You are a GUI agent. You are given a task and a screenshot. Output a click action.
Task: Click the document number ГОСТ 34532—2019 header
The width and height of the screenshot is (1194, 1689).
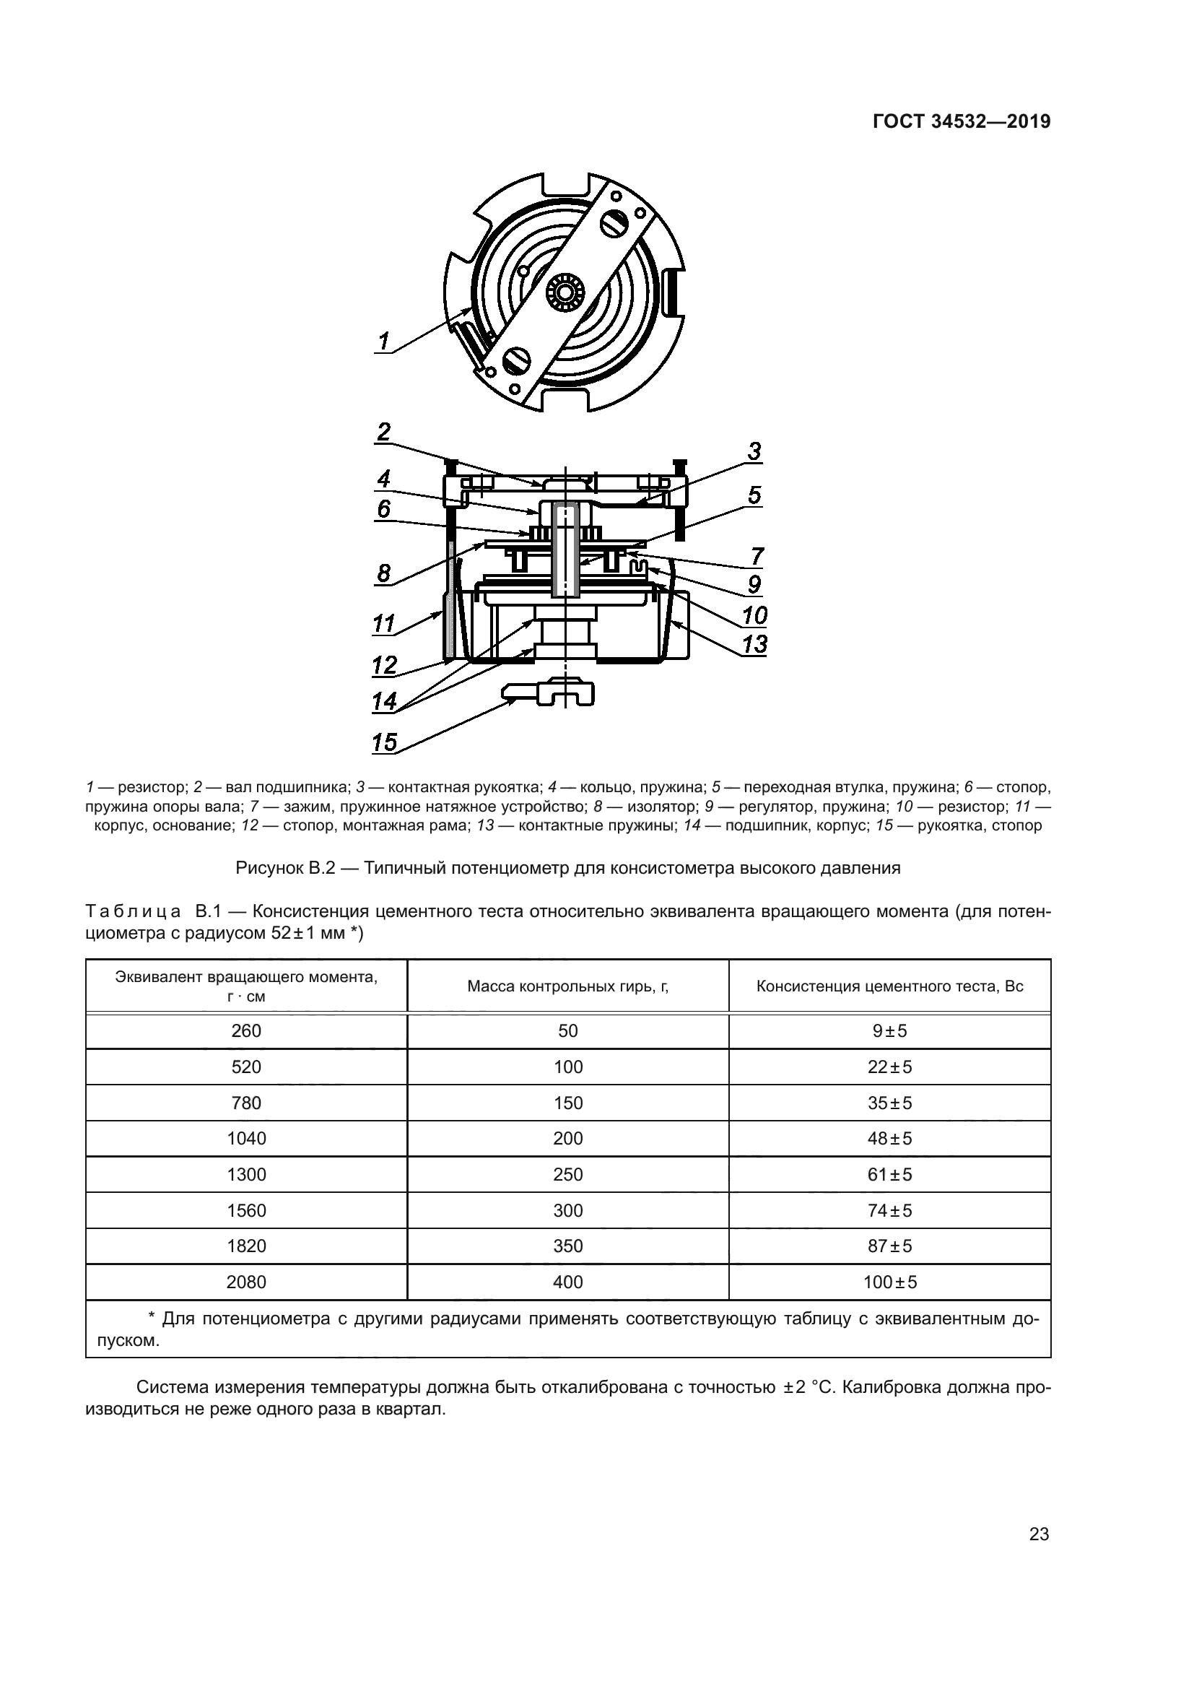(961, 122)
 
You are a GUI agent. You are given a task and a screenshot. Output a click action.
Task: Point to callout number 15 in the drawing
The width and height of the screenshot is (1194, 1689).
(384, 742)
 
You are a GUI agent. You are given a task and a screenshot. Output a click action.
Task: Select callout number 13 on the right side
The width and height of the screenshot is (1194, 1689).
(754, 644)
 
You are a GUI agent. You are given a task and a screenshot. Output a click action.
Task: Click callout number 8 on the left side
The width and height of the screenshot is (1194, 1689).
(383, 573)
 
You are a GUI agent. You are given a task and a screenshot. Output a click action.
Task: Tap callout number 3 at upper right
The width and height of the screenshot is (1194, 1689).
(754, 451)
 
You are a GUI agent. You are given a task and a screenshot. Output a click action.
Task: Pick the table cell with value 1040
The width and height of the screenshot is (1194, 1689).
(246, 1139)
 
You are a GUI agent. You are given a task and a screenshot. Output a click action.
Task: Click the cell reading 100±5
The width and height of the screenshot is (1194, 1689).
(889, 1282)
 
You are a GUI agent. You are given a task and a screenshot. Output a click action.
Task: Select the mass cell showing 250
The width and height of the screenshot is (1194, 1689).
(567, 1175)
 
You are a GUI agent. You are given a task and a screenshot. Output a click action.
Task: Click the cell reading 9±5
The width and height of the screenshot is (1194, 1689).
(889, 1030)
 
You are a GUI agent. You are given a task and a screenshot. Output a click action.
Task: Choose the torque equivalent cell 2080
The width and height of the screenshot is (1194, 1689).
(246, 1282)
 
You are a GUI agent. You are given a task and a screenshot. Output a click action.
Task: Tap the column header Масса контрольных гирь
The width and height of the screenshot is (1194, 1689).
(567, 986)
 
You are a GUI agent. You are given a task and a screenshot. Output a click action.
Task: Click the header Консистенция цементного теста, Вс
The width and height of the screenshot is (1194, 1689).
(889, 986)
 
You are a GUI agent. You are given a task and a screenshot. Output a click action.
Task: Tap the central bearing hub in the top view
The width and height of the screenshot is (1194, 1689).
(565, 292)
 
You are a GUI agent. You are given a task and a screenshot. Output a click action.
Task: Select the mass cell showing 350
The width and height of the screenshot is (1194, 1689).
(567, 1246)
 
